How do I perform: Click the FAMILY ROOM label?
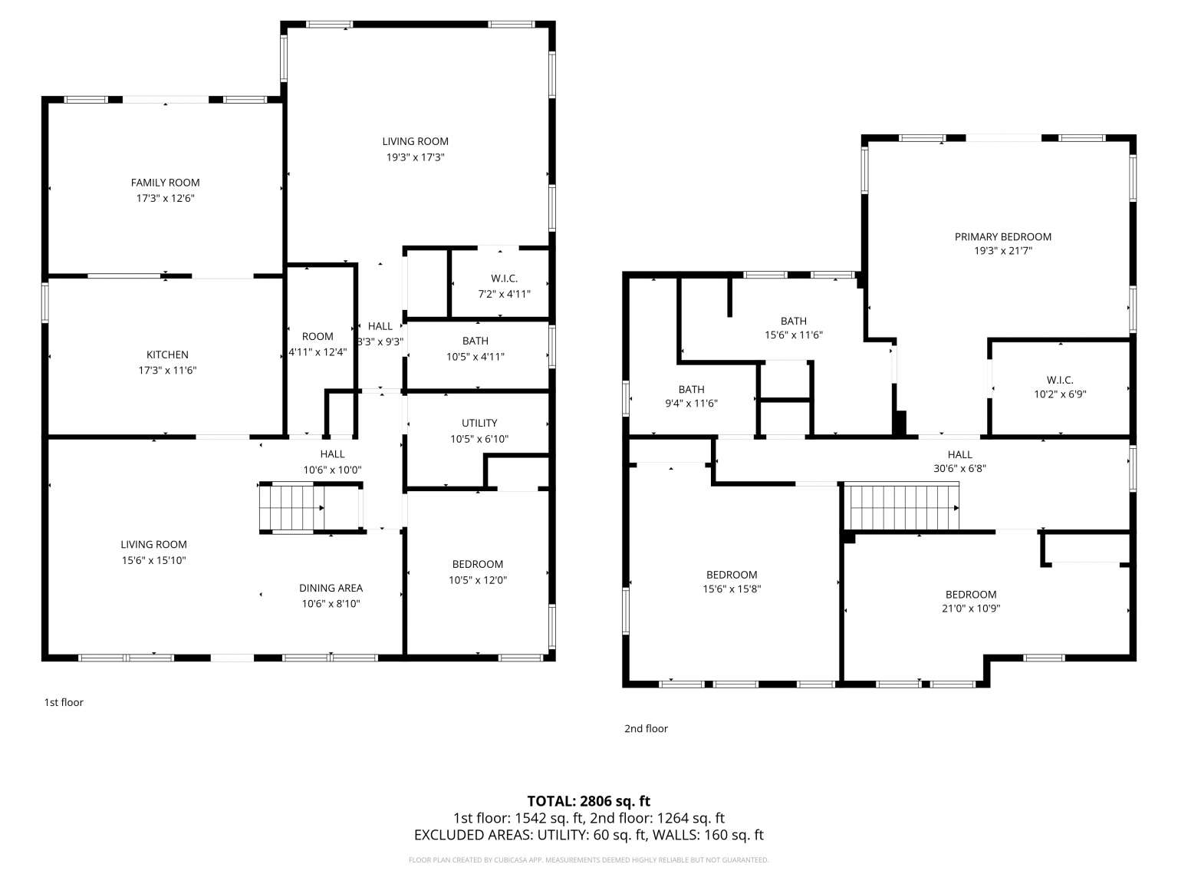(x=166, y=183)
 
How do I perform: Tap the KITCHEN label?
(x=167, y=355)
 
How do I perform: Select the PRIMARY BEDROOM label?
(x=1002, y=236)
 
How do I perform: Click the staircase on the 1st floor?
(x=291, y=507)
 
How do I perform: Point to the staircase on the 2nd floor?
(x=902, y=507)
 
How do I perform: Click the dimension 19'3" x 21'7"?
(x=1002, y=251)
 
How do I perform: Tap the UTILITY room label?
(x=479, y=423)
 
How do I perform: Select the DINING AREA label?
(x=331, y=588)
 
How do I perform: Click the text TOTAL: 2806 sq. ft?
(x=589, y=801)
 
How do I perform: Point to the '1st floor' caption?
(x=64, y=702)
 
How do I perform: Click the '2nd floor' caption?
(x=647, y=728)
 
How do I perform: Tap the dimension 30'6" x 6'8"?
(x=959, y=468)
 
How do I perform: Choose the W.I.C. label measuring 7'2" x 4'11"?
(x=504, y=279)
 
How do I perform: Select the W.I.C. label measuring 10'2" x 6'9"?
(x=1060, y=380)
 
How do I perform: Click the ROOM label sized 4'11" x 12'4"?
(x=318, y=337)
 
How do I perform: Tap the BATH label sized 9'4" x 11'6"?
(x=691, y=389)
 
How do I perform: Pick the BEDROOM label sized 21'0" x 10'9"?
(x=971, y=594)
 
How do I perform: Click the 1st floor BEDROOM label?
(x=478, y=564)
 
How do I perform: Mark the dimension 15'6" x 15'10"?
(x=153, y=560)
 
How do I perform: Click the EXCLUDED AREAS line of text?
(x=589, y=835)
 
